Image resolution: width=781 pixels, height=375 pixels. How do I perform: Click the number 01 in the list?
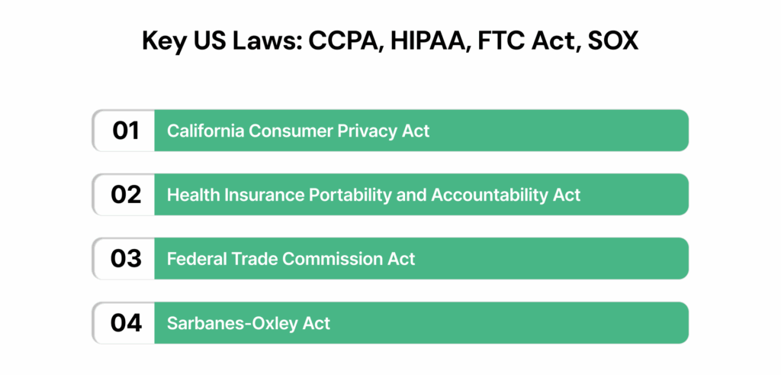[x=126, y=131]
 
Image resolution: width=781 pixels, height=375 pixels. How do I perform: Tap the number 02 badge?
[x=126, y=195]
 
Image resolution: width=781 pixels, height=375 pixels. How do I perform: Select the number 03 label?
[x=126, y=259]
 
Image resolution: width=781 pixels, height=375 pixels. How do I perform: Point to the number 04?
[x=126, y=323]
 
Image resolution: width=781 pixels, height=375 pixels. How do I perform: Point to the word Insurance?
[x=255, y=195]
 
